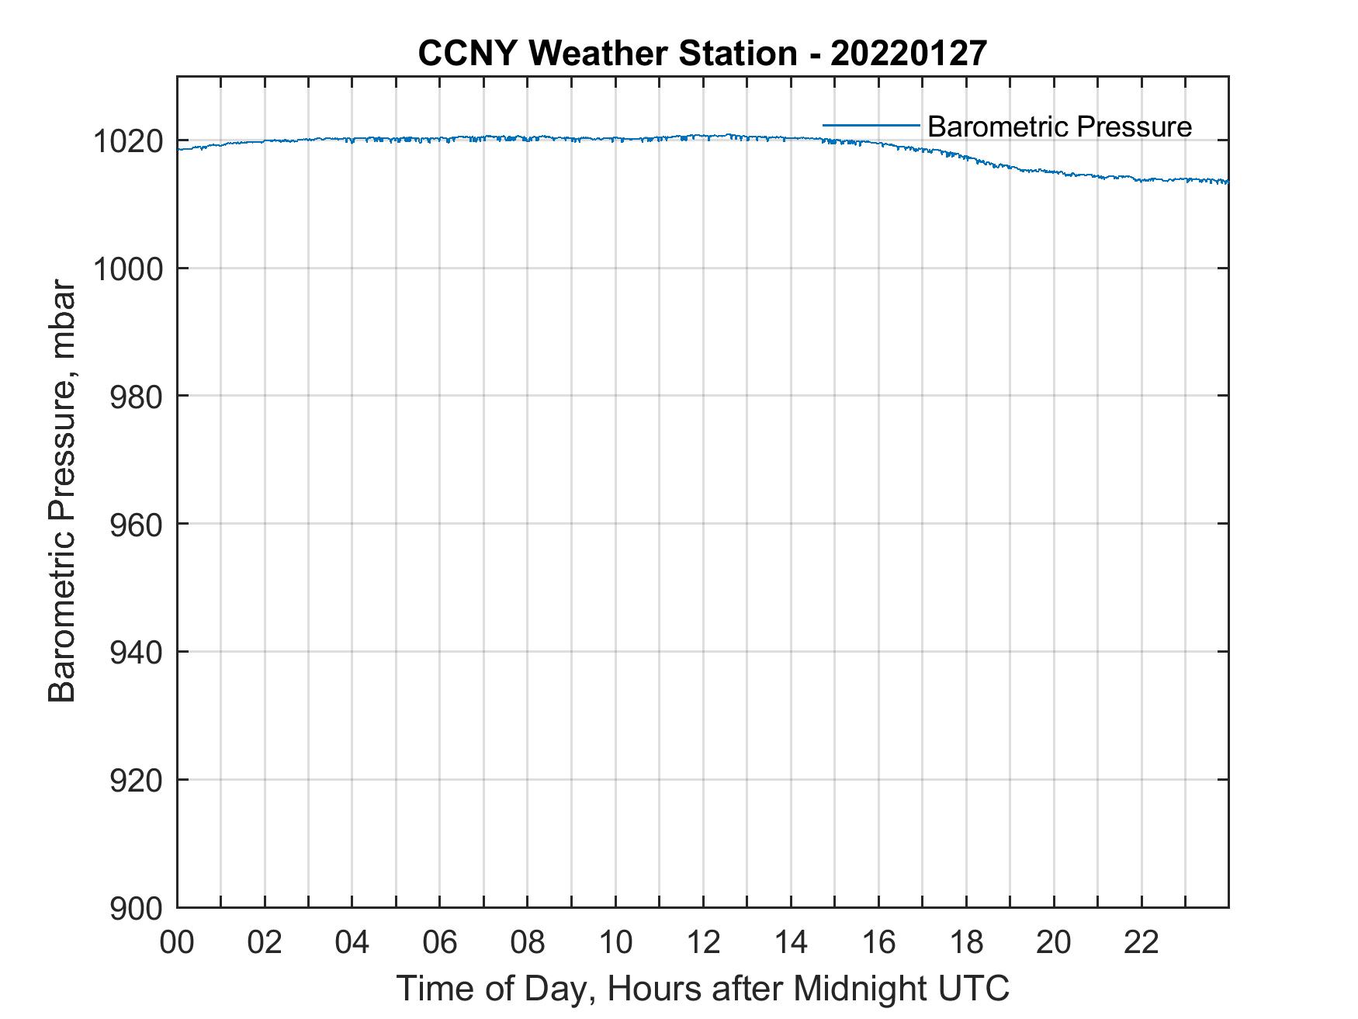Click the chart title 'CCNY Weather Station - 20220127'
point(702,54)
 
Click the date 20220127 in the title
point(909,54)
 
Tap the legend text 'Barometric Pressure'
point(1059,127)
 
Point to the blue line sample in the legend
point(871,125)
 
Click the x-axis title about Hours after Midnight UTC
point(702,988)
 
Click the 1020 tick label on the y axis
point(127,142)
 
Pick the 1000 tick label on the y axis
point(127,269)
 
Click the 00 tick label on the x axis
point(177,943)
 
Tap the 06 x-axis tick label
point(440,943)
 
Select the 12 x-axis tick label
point(703,943)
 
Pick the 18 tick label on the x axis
point(966,943)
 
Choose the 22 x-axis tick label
point(1141,943)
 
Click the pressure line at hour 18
point(966,158)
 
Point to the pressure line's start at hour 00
point(178,149)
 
